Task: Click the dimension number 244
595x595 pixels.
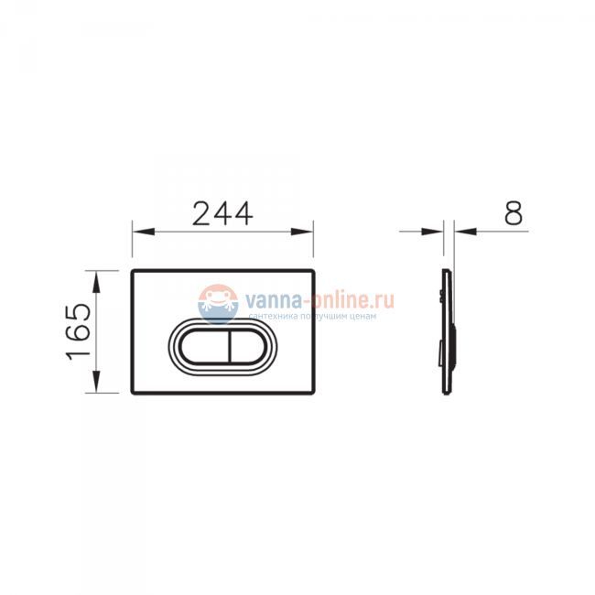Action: pyautogui.click(x=222, y=213)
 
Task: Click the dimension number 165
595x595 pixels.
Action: pyautogui.click(x=78, y=331)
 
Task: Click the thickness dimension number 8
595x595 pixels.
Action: pyautogui.click(x=514, y=213)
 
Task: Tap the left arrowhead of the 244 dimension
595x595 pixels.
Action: pyautogui.click(x=144, y=232)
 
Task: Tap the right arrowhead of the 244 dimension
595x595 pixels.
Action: pyautogui.click(x=302, y=232)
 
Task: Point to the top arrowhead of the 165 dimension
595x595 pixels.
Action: pyautogui.click(x=96, y=282)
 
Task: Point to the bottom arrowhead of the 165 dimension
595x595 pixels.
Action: pyautogui.click(x=96, y=382)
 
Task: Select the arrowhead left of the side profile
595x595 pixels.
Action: pyautogui.click(x=432, y=231)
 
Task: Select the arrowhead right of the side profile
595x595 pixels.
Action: pyautogui.click(x=466, y=231)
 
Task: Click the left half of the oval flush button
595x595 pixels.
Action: pyautogui.click(x=204, y=347)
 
